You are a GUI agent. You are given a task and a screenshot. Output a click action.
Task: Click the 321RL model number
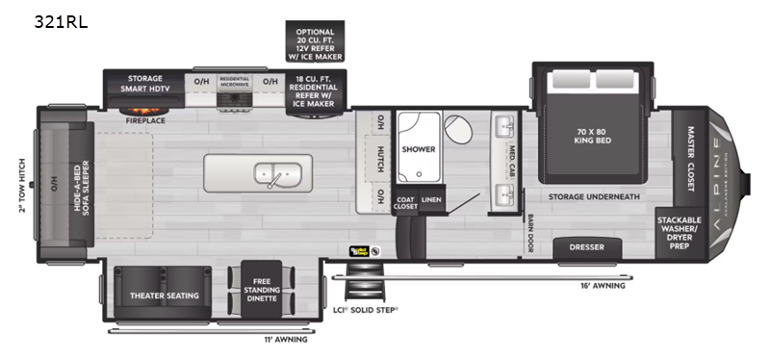[60, 21]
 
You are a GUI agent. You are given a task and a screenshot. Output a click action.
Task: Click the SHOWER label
[419, 149]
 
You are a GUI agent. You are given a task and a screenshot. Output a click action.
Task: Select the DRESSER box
[587, 247]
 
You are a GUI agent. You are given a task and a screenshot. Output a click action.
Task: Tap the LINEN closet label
[432, 200]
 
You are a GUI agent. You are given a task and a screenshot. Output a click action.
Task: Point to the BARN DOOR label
[530, 234]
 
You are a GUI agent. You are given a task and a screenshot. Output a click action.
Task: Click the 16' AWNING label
[602, 286]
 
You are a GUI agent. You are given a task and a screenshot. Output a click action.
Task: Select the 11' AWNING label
[285, 339]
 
